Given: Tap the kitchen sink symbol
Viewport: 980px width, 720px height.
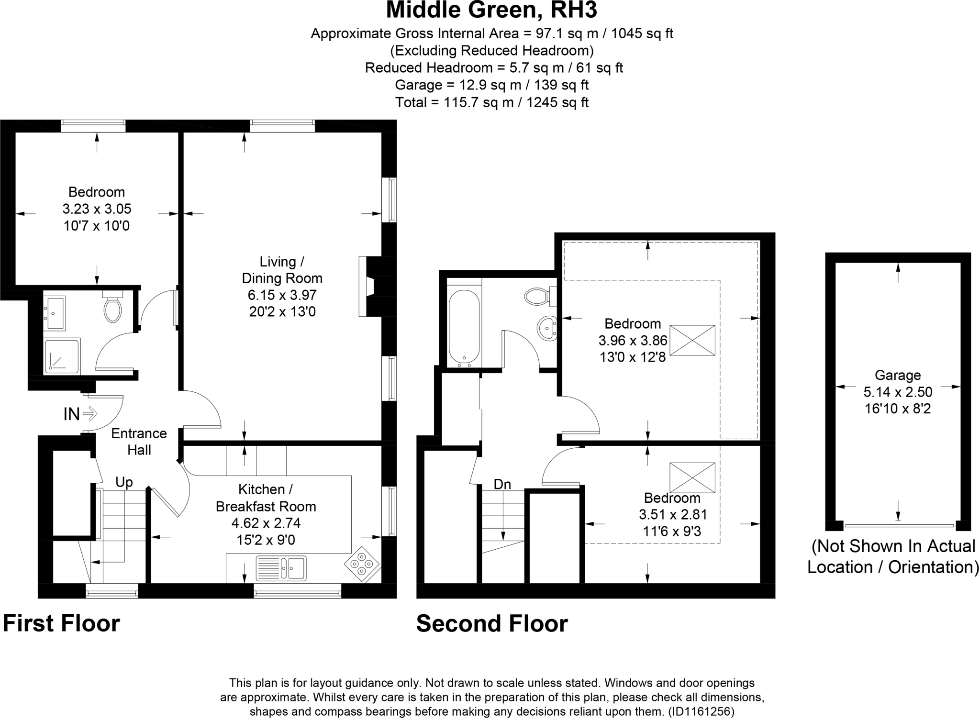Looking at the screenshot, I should click(281, 568).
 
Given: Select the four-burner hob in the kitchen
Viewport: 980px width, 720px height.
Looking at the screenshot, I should click(362, 564).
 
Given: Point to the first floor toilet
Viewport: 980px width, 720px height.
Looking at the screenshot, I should click(113, 309).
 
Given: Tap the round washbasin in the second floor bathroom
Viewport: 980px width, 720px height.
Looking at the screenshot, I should click(547, 329).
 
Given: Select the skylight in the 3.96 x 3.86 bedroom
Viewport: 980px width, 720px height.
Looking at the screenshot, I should click(692, 340).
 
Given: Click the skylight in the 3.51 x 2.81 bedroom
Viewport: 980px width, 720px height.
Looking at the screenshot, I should click(692, 477).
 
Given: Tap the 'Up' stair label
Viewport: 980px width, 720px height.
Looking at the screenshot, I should click(124, 482).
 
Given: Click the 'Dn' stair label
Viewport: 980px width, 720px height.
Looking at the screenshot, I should click(502, 485).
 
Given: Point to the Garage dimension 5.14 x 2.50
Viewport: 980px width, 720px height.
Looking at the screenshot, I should click(898, 392).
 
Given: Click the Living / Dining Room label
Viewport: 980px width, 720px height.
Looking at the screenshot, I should click(282, 270).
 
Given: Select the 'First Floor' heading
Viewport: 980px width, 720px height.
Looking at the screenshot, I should click(61, 623).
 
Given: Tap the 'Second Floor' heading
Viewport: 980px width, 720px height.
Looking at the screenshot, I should click(492, 624).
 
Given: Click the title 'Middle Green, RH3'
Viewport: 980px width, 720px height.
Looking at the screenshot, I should click(491, 11).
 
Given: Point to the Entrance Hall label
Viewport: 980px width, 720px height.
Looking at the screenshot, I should click(139, 441).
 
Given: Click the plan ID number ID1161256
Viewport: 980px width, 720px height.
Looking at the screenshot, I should click(701, 711).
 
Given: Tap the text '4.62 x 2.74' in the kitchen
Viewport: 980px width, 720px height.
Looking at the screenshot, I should click(266, 523).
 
